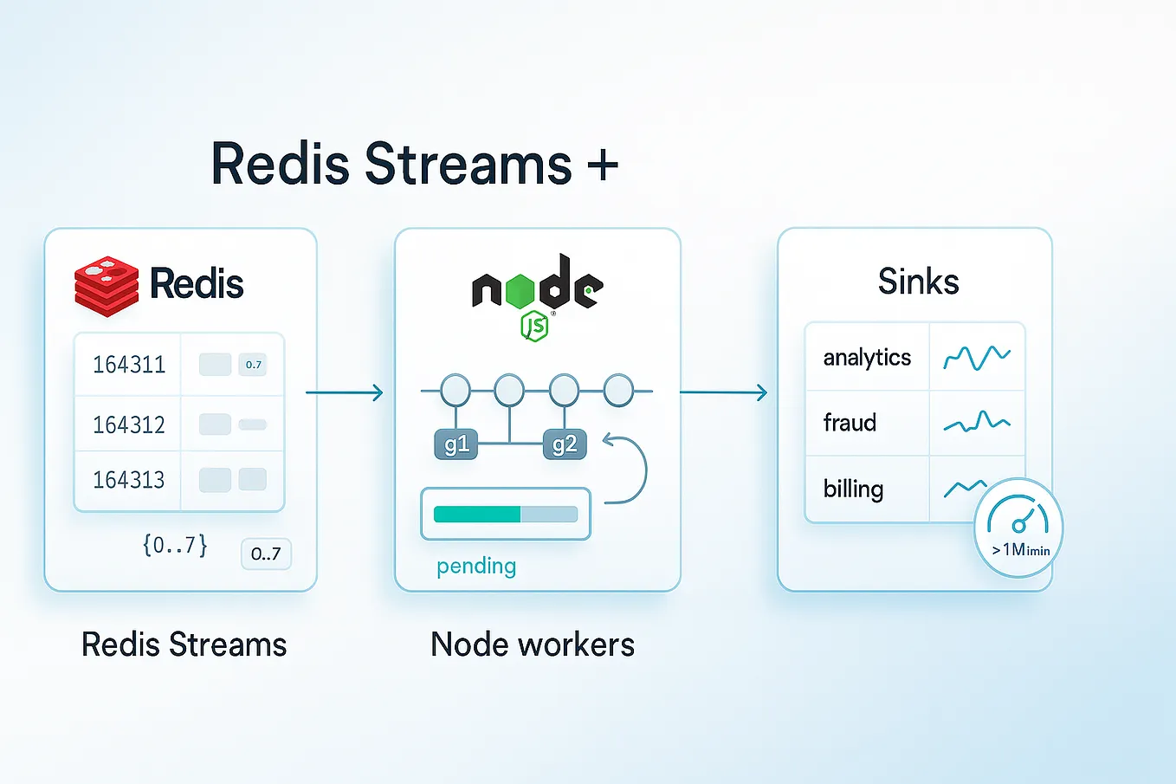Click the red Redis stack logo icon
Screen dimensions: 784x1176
tap(106, 285)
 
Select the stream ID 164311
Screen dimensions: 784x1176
tap(129, 365)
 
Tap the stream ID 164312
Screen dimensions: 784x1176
tap(129, 424)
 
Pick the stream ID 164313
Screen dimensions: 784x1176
tap(129, 480)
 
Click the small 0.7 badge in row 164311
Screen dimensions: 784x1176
tap(253, 365)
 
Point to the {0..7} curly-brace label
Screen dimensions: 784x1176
tap(175, 545)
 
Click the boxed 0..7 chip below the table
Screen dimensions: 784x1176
tap(266, 554)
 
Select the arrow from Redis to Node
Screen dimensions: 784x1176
tap(344, 393)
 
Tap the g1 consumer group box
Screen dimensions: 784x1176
tap(456, 444)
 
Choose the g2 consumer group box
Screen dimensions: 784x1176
tap(564, 444)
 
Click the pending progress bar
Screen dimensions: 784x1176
tap(505, 514)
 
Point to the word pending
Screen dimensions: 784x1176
tap(476, 566)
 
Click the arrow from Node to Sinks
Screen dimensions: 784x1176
tap(723, 392)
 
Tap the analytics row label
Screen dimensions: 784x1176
tap(867, 357)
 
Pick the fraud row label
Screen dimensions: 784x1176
tap(850, 423)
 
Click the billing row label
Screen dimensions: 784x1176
tap(853, 489)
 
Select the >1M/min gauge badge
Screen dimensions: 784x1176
tap(1018, 527)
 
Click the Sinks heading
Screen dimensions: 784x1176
tap(918, 282)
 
